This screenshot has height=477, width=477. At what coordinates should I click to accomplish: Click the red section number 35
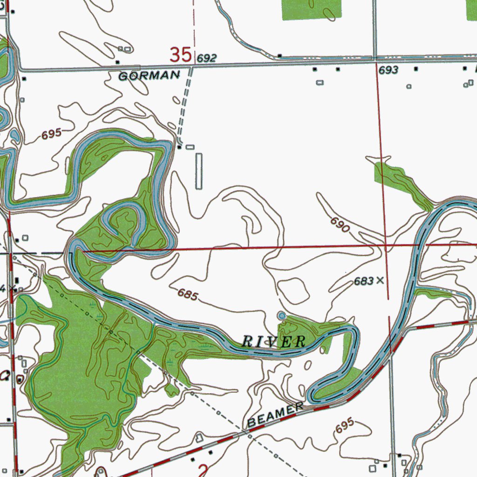(x=181, y=55)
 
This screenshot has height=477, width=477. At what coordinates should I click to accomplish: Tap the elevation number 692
(x=206, y=58)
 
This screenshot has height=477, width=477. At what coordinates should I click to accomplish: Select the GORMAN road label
(x=149, y=75)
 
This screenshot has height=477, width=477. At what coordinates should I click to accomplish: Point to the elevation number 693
(x=388, y=70)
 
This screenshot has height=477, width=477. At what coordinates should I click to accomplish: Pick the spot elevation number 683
(x=363, y=281)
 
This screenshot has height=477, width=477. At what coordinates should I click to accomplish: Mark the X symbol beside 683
(x=380, y=280)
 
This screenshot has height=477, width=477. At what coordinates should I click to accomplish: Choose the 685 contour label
(x=188, y=295)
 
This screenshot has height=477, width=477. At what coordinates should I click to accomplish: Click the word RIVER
(x=273, y=341)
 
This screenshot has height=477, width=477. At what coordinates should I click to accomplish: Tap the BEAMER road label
(x=275, y=416)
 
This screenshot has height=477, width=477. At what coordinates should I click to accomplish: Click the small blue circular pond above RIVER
(x=281, y=316)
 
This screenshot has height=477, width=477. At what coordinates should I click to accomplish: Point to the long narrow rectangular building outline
(x=199, y=171)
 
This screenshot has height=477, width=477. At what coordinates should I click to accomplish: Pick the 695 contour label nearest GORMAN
(x=51, y=134)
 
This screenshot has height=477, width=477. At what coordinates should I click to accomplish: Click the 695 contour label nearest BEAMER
(x=344, y=426)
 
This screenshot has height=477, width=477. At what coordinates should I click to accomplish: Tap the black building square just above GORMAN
(x=117, y=62)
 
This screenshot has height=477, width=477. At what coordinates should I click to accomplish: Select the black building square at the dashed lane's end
(x=180, y=147)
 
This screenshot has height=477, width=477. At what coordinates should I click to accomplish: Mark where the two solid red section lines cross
(x=386, y=244)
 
